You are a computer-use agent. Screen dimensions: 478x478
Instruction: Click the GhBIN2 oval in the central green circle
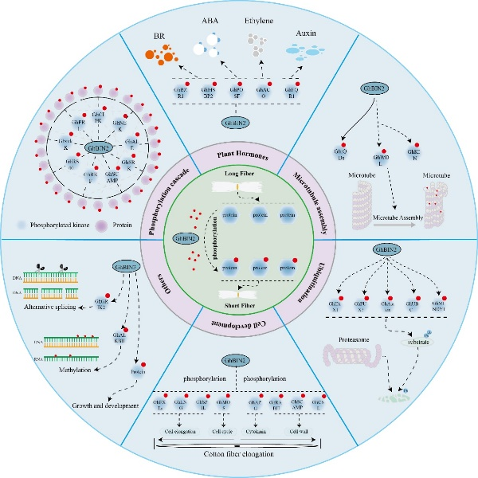182,237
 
